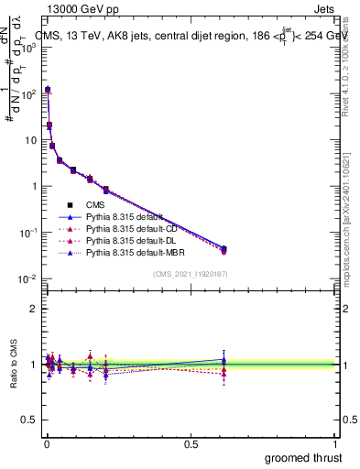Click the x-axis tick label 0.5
pos(191,442)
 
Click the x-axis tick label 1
pos(336,442)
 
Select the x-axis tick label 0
pos(46,442)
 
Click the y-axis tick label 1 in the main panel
pos(35,186)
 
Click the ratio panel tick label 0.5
pos(30,420)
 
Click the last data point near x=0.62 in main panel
pos(224,249)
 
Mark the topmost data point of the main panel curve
pos(48,90)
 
